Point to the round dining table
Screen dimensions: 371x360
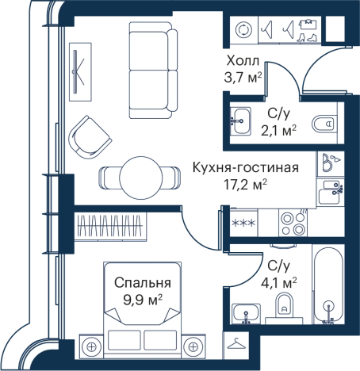tap(144, 175)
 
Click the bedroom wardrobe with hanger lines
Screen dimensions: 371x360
tap(110, 226)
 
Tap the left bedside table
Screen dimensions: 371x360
tap(93, 346)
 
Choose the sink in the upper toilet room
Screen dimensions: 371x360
tap(242, 121)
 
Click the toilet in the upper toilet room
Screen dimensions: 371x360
tap(321, 124)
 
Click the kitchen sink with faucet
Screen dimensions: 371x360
tap(329, 192)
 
